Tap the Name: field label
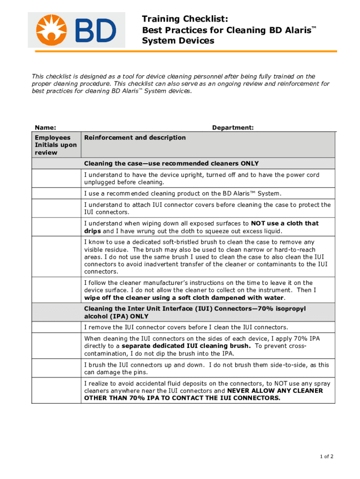pos(45,128)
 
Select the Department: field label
pos(233,128)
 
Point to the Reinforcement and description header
pos(135,138)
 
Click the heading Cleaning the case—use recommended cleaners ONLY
pos(171,163)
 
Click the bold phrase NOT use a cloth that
pos(285,223)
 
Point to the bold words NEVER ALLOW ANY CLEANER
pos(274,391)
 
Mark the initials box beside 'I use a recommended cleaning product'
pos(56,194)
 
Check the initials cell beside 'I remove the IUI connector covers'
pos(56,327)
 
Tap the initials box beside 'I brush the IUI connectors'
pos(56,369)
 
